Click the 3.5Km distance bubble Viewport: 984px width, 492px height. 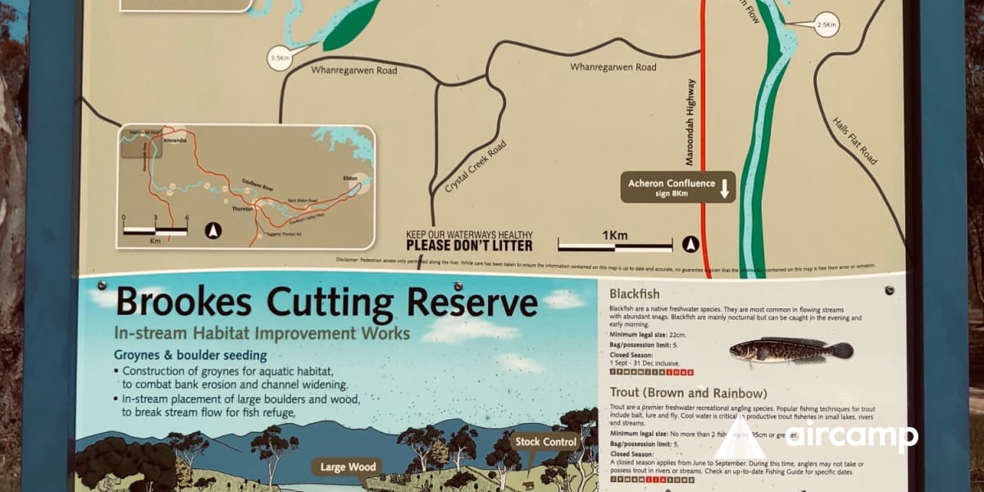click(x=280, y=58)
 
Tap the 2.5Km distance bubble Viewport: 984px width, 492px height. click(x=827, y=25)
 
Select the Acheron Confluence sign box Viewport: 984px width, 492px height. click(x=677, y=188)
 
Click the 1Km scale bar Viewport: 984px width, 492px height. click(x=615, y=244)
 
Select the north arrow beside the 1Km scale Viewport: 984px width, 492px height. click(x=690, y=244)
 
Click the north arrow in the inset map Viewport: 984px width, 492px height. click(x=213, y=231)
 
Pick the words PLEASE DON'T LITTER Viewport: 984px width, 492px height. click(x=470, y=245)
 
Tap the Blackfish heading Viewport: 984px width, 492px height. click(x=635, y=294)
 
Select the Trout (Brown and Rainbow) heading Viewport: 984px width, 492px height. click(x=689, y=393)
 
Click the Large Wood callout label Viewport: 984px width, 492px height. click(x=348, y=468)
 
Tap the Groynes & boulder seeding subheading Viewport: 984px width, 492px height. click(x=190, y=356)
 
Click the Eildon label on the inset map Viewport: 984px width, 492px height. click(x=350, y=178)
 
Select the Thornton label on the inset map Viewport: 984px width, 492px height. click(x=243, y=209)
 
